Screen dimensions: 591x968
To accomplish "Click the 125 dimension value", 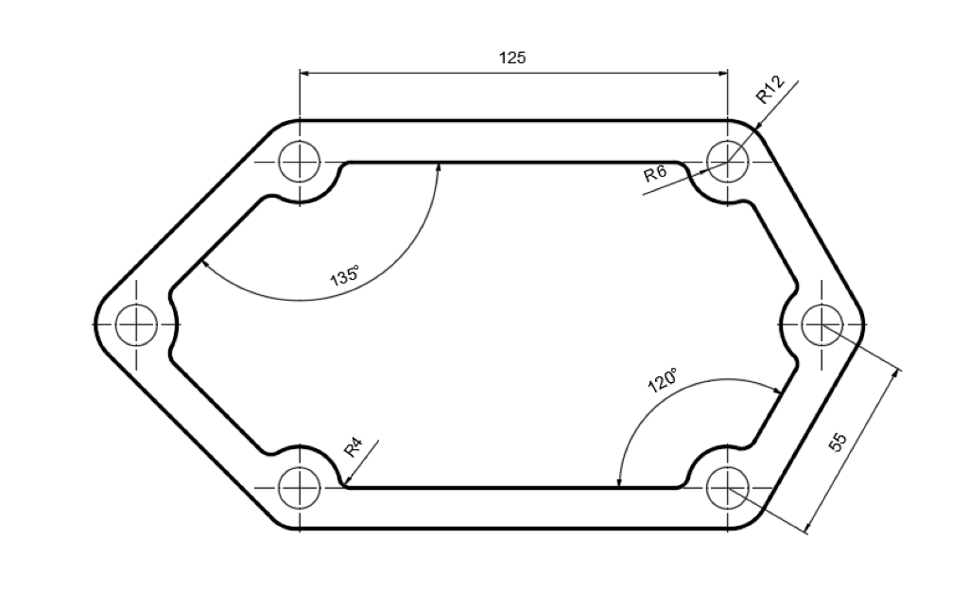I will (512, 58).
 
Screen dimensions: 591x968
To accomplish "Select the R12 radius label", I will (770, 91).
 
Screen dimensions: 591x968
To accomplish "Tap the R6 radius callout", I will (655, 174).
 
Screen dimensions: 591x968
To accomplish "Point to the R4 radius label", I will (353, 446).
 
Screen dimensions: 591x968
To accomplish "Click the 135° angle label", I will (344, 277).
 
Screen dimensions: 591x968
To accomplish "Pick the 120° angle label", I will (662, 380).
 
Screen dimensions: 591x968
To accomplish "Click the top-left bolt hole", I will (300, 161).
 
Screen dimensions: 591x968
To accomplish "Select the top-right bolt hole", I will (727, 161).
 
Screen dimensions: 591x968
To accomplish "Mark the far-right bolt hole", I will (821, 324).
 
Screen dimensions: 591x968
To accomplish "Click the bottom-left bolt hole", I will (300, 488).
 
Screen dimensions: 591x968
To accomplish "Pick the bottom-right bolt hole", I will (727, 488).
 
